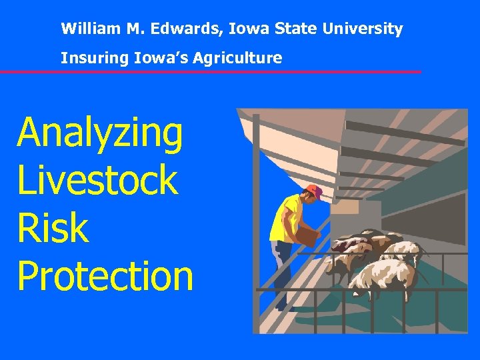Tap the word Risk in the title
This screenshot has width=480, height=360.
[x=53, y=228]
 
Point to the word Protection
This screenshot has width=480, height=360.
[x=105, y=275]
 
